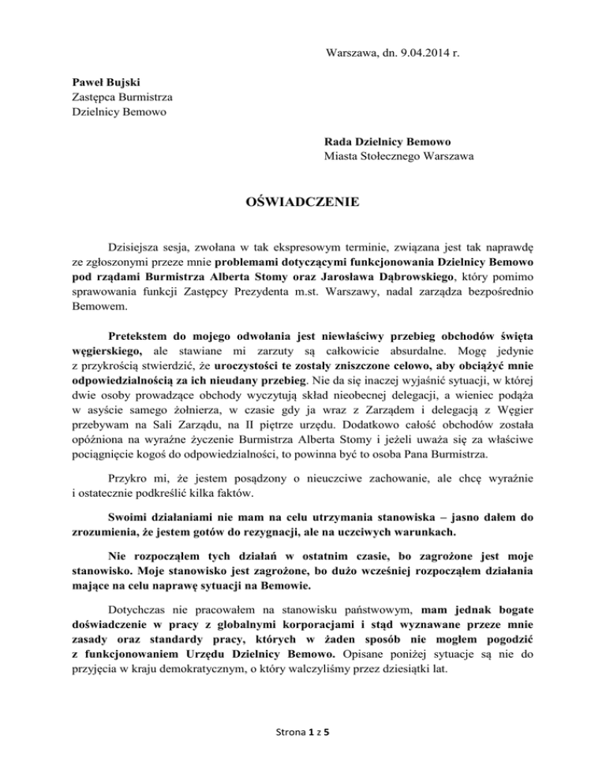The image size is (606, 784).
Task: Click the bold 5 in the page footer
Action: coord(326,753)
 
